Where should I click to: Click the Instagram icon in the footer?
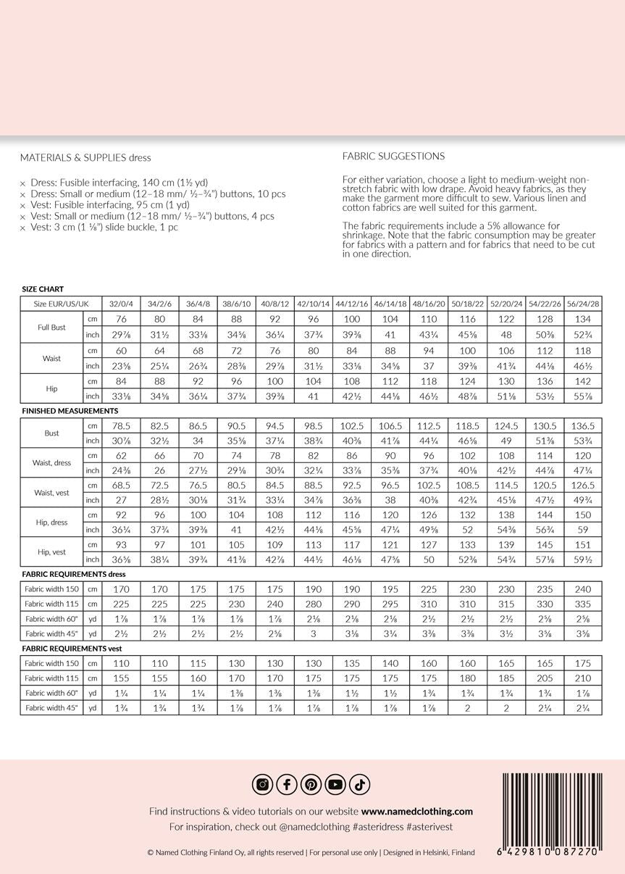[262, 784]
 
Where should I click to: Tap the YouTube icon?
[335, 784]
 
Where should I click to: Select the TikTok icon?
[360, 784]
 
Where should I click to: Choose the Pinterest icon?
[311, 784]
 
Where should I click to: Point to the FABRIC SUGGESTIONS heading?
[393, 156]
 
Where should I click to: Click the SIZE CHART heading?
[43, 289]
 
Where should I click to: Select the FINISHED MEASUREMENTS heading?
[70, 411]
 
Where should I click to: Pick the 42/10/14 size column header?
[314, 304]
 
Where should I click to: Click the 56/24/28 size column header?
[583, 304]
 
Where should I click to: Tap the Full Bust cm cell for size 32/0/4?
[122, 320]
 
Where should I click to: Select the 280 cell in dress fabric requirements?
[314, 603]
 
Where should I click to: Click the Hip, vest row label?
[52, 552]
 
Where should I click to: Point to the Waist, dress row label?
[52, 462]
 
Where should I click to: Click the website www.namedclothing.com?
[416, 812]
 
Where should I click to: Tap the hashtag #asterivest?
[430, 827]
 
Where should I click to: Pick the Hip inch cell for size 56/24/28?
[583, 396]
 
